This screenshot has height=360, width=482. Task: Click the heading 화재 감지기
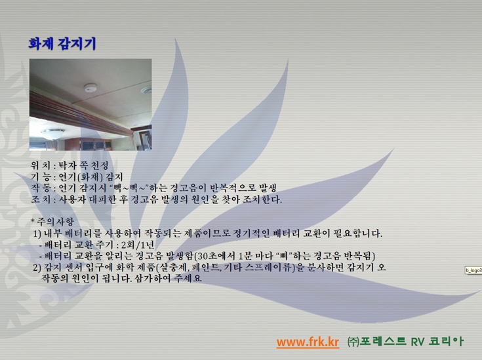(62, 44)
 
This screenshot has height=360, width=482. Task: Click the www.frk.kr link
(308, 342)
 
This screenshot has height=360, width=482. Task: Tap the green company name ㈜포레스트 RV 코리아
(405, 342)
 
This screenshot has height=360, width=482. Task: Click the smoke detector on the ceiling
(90, 87)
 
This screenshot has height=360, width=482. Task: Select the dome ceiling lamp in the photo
(53, 134)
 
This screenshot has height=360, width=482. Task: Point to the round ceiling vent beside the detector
(147, 90)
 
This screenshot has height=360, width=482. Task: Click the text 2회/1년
(138, 245)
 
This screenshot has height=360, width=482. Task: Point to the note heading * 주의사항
(52, 222)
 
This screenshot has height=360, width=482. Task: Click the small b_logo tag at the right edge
(473, 271)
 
